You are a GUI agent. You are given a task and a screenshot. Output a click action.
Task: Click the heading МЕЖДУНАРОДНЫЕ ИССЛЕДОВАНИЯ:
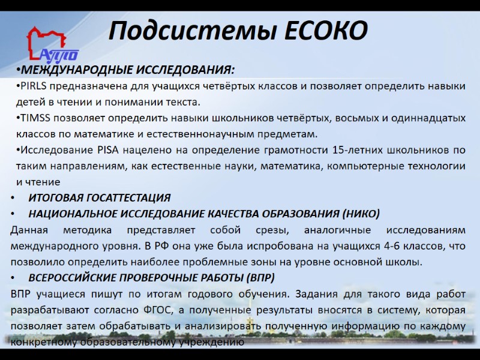(x=126, y=71)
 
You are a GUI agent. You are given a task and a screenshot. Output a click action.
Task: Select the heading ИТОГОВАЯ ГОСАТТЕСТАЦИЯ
(x=100, y=197)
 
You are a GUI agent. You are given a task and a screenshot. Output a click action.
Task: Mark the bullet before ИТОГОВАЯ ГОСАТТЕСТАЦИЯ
(x=13, y=198)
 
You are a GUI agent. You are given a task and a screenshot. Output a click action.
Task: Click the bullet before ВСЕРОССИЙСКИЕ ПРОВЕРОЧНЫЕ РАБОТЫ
(x=13, y=278)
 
